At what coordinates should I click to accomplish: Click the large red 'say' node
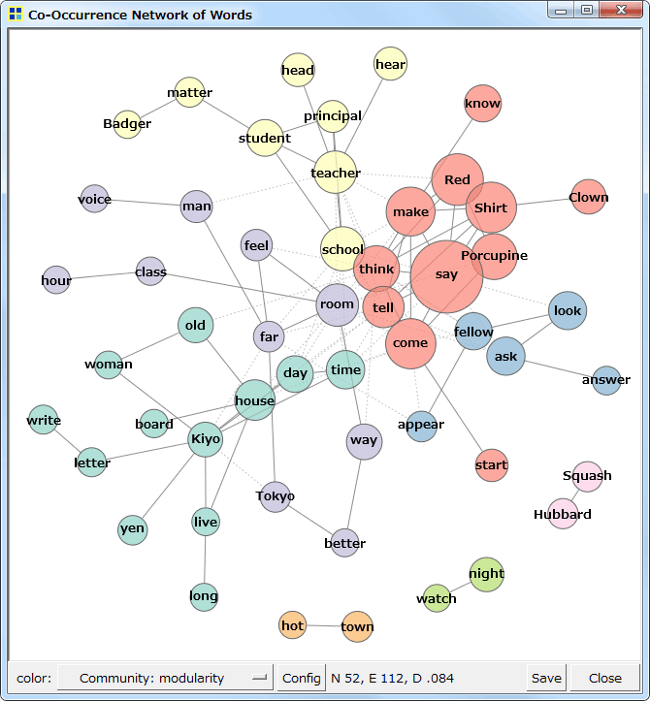pyautogui.click(x=446, y=276)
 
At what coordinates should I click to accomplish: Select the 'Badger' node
pyautogui.click(x=128, y=124)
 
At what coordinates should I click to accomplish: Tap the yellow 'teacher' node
pyautogui.click(x=336, y=173)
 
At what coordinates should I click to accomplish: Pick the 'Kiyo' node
pyautogui.click(x=206, y=439)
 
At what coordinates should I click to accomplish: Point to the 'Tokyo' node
pyautogui.click(x=276, y=496)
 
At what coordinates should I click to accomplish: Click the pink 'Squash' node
pyautogui.click(x=587, y=476)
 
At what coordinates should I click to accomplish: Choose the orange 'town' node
pyautogui.click(x=357, y=626)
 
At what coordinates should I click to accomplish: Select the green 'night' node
pyautogui.click(x=486, y=574)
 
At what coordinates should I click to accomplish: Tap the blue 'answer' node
pyautogui.click(x=606, y=379)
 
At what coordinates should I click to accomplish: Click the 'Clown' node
pyautogui.click(x=588, y=197)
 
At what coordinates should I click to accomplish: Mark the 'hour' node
pyautogui.click(x=56, y=281)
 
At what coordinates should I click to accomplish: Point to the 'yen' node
pyautogui.click(x=132, y=529)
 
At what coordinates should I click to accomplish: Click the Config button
pyautogui.click(x=301, y=678)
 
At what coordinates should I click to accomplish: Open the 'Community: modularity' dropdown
pyautogui.click(x=165, y=678)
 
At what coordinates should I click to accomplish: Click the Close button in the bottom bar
pyautogui.click(x=605, y=678)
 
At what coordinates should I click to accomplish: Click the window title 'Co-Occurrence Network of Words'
pyautogui.click(x=140, y=15)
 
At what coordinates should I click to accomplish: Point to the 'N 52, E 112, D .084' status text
pyautogui.click(x=392, y=678)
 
